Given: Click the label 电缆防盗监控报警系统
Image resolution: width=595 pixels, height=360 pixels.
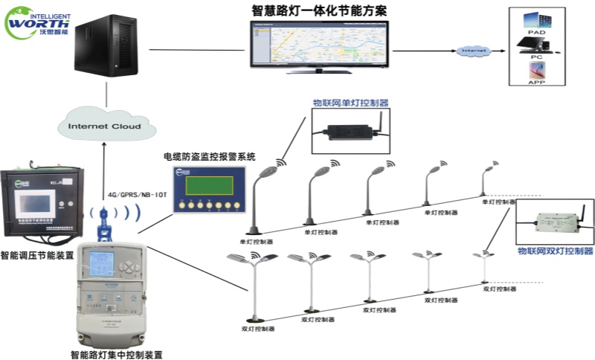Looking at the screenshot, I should point(209,157).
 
